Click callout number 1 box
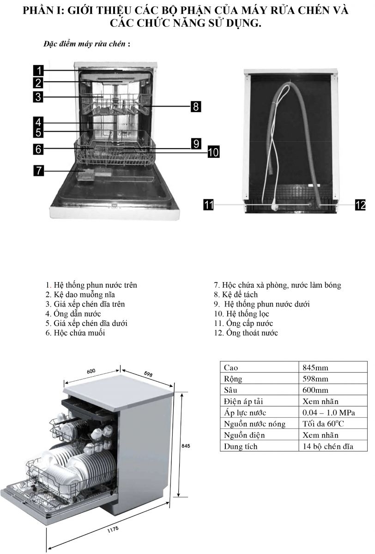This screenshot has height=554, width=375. pos(38,71)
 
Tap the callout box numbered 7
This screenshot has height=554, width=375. pos(38,170)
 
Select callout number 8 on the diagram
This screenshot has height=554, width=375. pos(196,107)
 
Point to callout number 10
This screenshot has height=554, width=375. pos(213,151)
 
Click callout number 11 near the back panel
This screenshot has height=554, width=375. pos(209,204)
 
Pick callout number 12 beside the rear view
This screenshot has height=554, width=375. pos(360,204)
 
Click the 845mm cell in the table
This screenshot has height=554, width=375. pos(315,368)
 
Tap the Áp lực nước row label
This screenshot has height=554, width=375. pos(245,413)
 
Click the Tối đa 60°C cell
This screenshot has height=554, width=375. pos(323,424)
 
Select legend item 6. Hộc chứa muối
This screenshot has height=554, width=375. pos(75,333)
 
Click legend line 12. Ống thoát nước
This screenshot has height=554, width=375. pos(246,333)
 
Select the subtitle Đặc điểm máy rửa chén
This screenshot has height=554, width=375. pos(87,44)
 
